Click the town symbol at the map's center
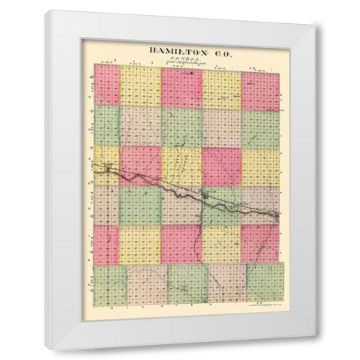coord(203,198)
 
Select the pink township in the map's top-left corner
coord(106,85)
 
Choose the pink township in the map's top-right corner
coord(261,90)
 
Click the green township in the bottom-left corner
coord(109,285)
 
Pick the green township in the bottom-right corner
coord(265,283)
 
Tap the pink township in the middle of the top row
coord(181,88)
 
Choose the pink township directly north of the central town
coord(220,166)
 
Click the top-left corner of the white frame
coord(46,11)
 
